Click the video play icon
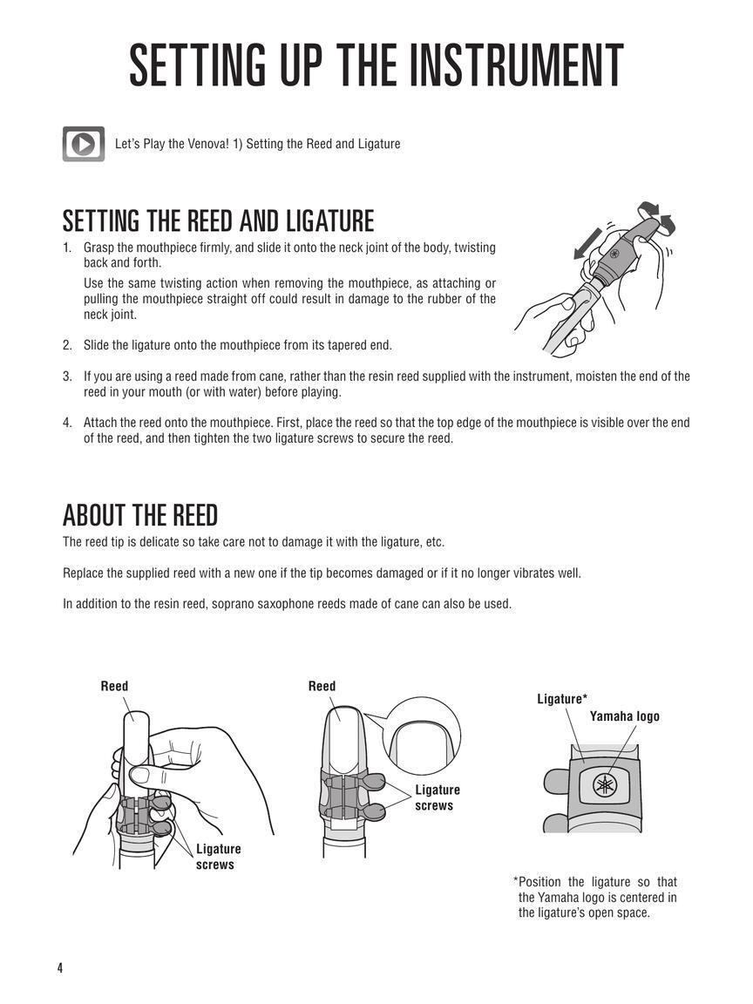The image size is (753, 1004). click(x=84, y=144)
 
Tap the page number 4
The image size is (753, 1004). click(x=60, y=967)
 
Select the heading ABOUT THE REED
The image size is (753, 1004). click(x=140, y=515)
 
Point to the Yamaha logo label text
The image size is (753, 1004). click(x=624, y=716)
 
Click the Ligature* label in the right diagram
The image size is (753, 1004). click(x=562, y=699)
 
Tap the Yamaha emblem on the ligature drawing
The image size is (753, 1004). click(x=604, y=785)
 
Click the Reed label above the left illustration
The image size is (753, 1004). click(x=115, y=686)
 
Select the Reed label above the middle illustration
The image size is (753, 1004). click(x=322, y=686)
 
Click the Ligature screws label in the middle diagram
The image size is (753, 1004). click(x=438, y=797)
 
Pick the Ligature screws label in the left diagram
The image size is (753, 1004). click(x=219, y=857)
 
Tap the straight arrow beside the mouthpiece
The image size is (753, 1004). click(x=587, y=243)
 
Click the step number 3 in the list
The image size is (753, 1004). click(x=66, y=376)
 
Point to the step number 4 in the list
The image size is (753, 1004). click(x=66, y=423)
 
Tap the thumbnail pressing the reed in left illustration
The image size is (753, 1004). click(x=139, y=776)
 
